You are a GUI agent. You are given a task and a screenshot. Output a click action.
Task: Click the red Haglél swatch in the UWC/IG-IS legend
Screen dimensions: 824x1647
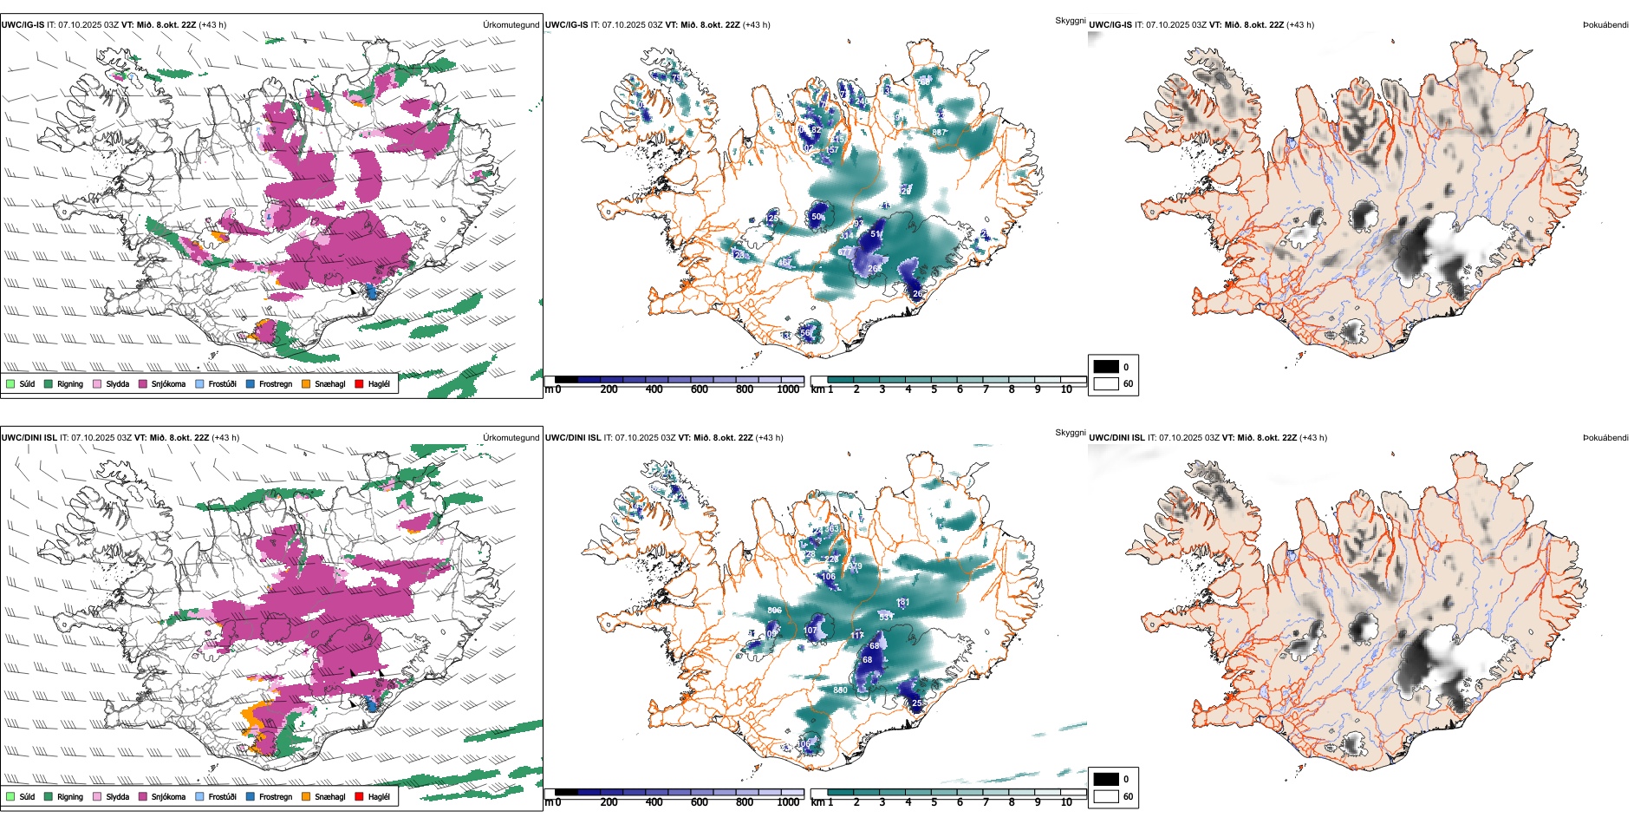coord(360,383)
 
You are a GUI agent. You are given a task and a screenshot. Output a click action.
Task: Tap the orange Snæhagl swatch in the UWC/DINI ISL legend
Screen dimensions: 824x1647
coord(307,796)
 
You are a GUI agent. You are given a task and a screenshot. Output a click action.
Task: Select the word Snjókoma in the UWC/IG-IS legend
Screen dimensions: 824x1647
coord(168,383)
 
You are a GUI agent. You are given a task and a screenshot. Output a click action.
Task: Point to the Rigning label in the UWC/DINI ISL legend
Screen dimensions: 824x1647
coord(70,796)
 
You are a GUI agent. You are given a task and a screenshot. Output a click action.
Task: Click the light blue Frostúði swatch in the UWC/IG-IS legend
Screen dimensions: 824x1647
coord(200,383)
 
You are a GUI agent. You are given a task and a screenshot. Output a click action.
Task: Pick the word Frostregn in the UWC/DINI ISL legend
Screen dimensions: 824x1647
coord(276,796)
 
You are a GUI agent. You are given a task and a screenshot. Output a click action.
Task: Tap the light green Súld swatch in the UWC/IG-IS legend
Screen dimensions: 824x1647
coord(10,383)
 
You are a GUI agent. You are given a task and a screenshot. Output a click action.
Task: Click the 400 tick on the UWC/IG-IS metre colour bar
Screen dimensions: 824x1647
coord(654,389)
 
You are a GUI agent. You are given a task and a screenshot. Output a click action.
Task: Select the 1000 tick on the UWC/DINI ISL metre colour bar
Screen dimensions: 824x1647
coord(788,802)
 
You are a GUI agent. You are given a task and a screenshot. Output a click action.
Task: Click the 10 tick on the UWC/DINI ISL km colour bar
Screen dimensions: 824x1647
coord(1066,802)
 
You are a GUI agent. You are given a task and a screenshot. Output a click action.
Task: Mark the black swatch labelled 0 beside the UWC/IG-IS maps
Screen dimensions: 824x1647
coord(1106,366)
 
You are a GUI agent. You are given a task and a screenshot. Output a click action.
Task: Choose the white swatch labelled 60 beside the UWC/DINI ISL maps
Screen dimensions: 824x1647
coord(1106,796)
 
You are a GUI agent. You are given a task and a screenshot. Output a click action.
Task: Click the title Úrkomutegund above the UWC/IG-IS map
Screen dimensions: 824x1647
coord(511,24)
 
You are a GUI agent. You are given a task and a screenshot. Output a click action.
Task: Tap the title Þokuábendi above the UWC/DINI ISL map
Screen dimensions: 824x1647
coord(1605,437)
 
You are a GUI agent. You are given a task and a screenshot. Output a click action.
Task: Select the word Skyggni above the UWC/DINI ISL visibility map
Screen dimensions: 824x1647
coord(1070,433)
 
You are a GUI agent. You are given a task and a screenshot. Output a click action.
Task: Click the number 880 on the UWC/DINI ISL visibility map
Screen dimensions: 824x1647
coord(840,690)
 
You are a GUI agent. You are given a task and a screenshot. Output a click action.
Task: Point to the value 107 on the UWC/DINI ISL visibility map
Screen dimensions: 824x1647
coord(810,631)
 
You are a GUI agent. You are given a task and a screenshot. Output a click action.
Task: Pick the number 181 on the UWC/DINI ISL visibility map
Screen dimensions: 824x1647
coord(903,602)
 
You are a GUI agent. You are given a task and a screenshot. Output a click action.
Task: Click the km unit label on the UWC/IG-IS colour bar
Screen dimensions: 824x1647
coord(817,389)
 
